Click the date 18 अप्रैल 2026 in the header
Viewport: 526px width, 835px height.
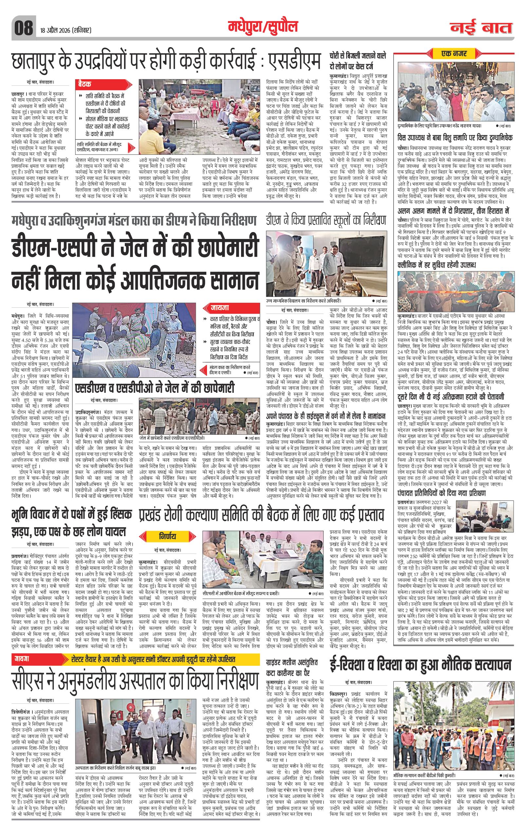point(64,30)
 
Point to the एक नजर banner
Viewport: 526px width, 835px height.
point(454,54)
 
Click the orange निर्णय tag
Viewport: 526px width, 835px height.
point(168,536)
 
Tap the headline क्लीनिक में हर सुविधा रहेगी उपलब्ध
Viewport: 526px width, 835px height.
point(436,265)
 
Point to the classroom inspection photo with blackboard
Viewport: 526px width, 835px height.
point(326,263)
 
